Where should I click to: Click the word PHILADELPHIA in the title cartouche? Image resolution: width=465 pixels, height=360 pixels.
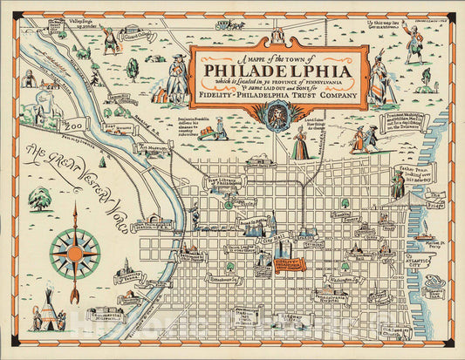[x=272, y=69]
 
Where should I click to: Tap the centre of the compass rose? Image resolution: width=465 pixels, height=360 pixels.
[x=74, y=253]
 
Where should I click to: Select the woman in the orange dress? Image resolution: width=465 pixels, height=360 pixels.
[x=300, y=142]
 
